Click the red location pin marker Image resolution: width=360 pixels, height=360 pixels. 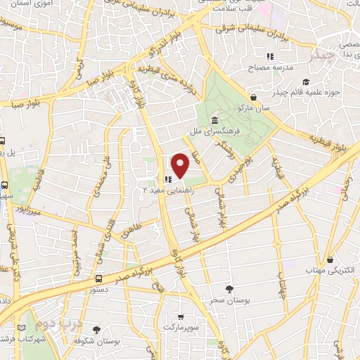(x=181, y=165)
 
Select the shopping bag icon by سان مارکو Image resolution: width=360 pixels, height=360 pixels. (x=254, y=98)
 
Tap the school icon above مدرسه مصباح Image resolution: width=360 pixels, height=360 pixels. (x=269, y=56)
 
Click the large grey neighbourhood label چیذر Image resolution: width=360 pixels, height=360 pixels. (x=327, y=55)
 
